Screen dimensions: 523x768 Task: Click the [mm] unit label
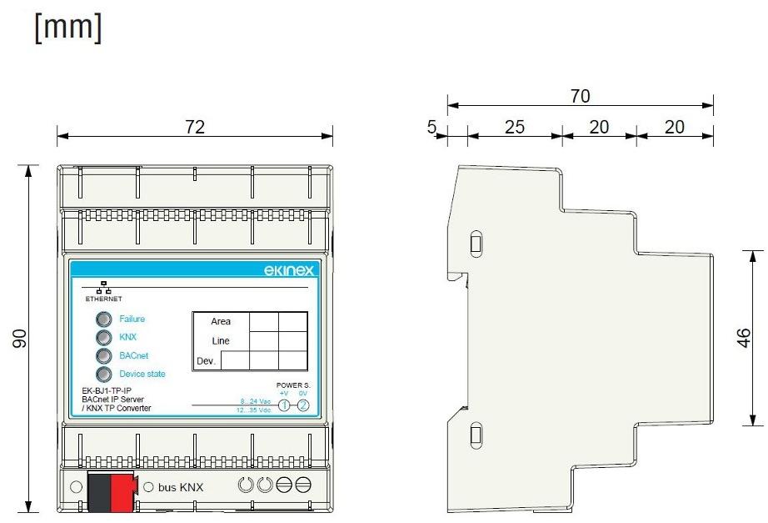point(68,27)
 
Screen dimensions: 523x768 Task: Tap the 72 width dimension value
point(194,127)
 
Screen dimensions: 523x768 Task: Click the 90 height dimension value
point(21,338)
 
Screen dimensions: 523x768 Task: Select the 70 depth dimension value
point(580,97)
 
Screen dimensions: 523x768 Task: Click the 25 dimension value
point(515,127)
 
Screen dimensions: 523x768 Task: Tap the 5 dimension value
point(431,127)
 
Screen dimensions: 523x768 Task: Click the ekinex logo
point(287,270)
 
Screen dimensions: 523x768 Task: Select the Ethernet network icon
point(104,288)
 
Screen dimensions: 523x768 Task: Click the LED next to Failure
point(103,319)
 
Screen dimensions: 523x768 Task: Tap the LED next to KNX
point(103,337)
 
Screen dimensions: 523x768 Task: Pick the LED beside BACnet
point(103,356)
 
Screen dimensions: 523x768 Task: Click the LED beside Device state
point(103,375)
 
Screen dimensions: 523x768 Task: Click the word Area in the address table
point(221,322)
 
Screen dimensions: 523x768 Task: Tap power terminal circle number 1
point(284,405)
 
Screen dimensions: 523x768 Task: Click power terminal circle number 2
point(303,405)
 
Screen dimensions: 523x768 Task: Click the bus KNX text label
point(181,487)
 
